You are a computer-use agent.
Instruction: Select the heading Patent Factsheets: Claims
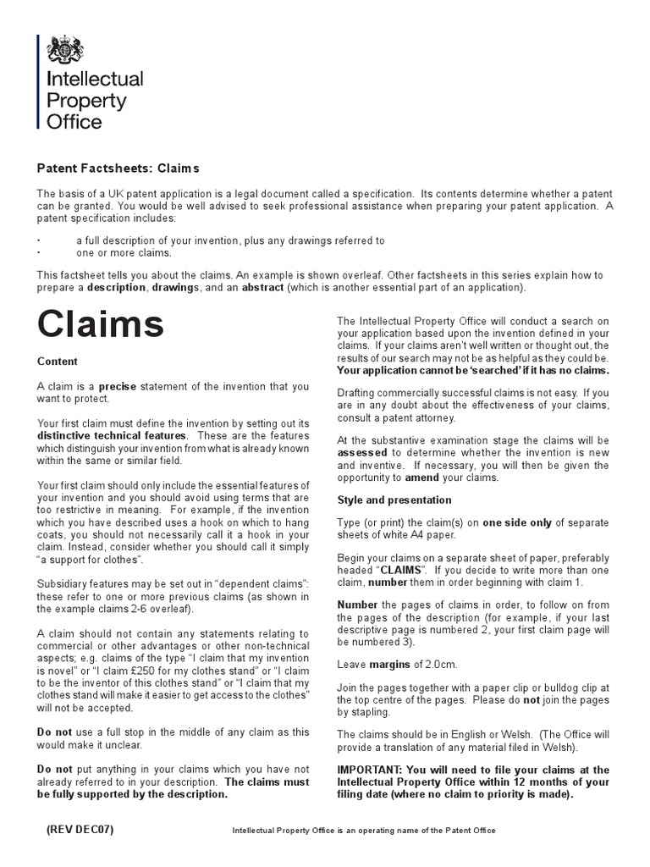click(x=118, y=168)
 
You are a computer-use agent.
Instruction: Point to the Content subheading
click(x=58, y=362)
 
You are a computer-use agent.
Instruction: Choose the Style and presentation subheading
click(x=394, y=500)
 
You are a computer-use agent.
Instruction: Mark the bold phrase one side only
click(x=516, y=522)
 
